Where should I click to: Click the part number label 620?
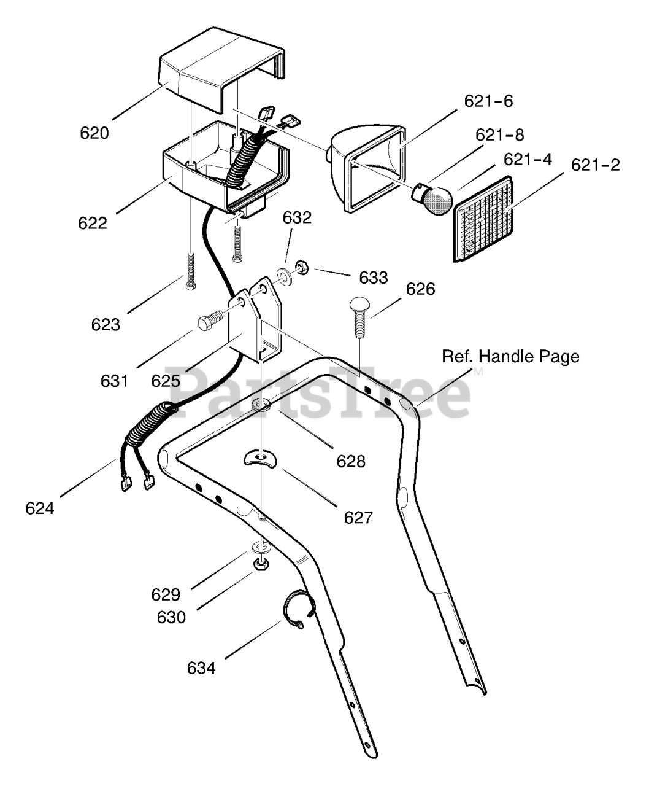[94, 133]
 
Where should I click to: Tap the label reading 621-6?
[488, 101]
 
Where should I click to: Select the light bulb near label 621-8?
[433, 198]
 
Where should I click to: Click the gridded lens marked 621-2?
[483, 219]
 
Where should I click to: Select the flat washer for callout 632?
[284, 275]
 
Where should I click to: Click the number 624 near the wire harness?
[40, 508]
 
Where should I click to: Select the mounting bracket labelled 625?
[256, 320]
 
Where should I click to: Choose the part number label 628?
[351, 462]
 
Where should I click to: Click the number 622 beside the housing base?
[93, 224]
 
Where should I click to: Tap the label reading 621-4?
[528, 160]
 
